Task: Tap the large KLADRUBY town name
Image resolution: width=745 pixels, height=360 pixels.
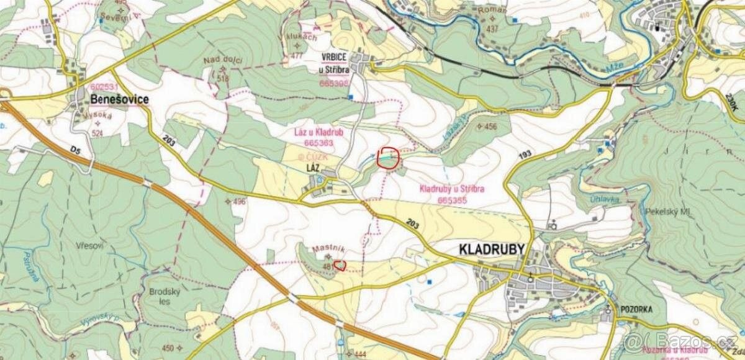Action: [x=492, y=250]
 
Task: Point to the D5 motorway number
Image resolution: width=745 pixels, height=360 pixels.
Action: [x=75, y=150]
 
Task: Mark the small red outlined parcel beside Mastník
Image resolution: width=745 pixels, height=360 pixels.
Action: [x=340, y=266]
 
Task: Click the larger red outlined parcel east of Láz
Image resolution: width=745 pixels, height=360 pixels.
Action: [x=388, y=158]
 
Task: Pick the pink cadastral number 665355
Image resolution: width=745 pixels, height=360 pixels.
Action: [x=452, y=200]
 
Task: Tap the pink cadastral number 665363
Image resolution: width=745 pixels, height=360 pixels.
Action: [x=319, y=142]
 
